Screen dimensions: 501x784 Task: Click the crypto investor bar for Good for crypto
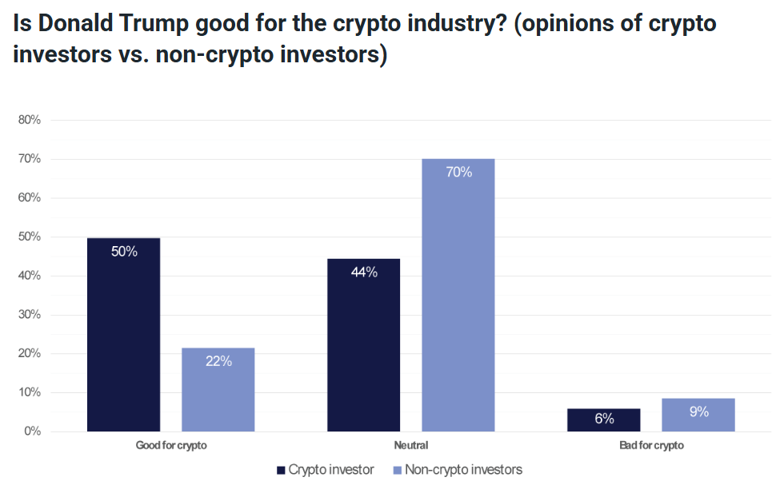coord(123,335)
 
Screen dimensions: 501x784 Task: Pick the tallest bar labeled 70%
coord(458,296)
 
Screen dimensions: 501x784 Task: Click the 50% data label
coord(124,252)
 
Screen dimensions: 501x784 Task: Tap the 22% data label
coord(218,361)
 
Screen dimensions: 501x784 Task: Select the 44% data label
coord(364,272)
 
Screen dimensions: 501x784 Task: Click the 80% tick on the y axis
coord(30,120)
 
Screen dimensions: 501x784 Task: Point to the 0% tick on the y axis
coord(32,431)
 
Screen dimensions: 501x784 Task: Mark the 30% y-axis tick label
coord(30,315)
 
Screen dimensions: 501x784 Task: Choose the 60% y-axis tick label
coord(30,198)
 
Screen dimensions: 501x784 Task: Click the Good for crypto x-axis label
coord(171,445)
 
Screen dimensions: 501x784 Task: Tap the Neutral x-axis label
coord(411,445)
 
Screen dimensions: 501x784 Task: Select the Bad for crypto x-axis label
coord(651,445)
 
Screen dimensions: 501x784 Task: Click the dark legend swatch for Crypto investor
coord(281,470)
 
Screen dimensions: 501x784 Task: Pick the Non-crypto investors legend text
coord(463,470)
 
